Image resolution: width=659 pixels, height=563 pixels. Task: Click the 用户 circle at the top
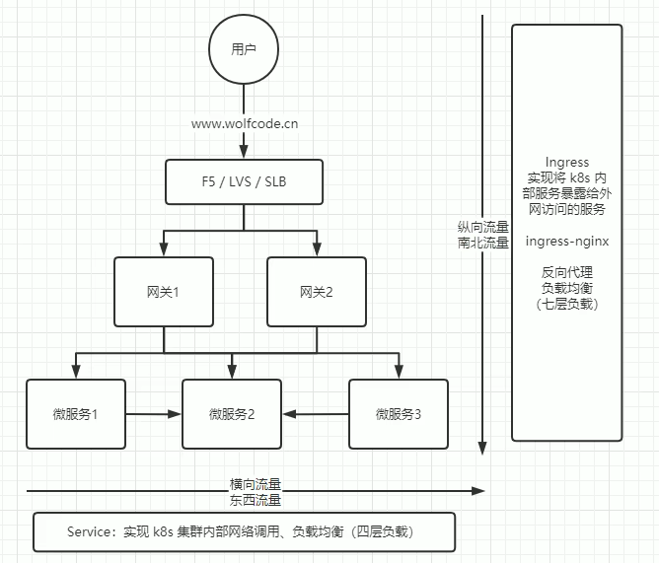pos(243,48)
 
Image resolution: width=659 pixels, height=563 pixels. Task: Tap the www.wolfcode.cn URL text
pos(245,123)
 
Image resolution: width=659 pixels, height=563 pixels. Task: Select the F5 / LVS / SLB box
pos(244,182)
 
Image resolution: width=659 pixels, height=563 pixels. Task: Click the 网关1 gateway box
pos(163,292)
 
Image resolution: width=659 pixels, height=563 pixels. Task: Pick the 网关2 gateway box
pos(317,292)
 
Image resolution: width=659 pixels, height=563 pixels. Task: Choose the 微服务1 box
pos(76,414)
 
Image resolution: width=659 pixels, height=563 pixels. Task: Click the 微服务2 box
pos(232,414)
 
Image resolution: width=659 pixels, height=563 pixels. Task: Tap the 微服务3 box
pos(399,414)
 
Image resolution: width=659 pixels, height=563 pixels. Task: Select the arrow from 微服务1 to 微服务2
pos(154,414)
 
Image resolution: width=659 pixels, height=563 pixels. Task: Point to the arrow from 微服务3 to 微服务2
pos(316,414)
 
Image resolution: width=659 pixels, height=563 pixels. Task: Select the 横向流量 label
pos(256,483)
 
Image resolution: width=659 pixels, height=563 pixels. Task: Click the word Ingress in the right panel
pos(566,162)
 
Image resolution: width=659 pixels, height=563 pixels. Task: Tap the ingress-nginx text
pos(566,241)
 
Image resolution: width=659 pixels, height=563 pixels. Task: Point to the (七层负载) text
pos(566,305)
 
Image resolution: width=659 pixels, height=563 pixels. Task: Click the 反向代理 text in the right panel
pos(566,272)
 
